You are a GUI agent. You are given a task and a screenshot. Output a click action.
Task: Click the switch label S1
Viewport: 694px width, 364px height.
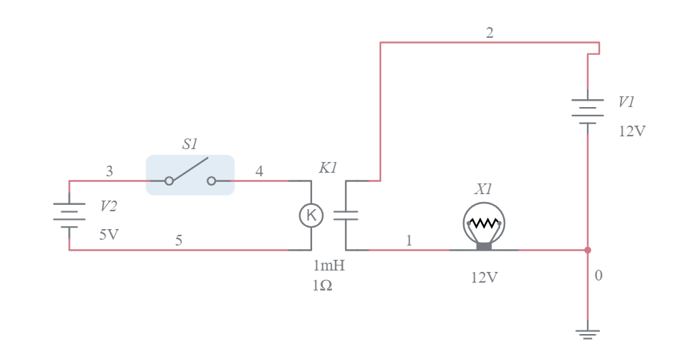[x=190, y=144]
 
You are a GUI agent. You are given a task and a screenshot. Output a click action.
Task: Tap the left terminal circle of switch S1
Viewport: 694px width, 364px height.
[x=169, y=181]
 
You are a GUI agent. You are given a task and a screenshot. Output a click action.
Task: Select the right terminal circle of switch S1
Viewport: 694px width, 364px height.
[x=212, y=181]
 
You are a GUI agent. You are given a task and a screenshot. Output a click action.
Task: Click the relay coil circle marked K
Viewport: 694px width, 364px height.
[x=311, y=216]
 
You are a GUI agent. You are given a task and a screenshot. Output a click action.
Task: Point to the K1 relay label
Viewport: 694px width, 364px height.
[x=328, y=168]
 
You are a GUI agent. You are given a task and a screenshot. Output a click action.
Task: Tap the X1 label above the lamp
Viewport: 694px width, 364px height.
[x=483, y=189]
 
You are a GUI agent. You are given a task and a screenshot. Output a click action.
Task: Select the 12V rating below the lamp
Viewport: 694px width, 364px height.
[x=485, y=278]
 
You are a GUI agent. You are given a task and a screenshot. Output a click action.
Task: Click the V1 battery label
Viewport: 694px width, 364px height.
[x=626, y=102]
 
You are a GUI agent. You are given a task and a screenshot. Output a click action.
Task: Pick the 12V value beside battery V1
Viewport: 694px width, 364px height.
[x=632, y=131]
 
